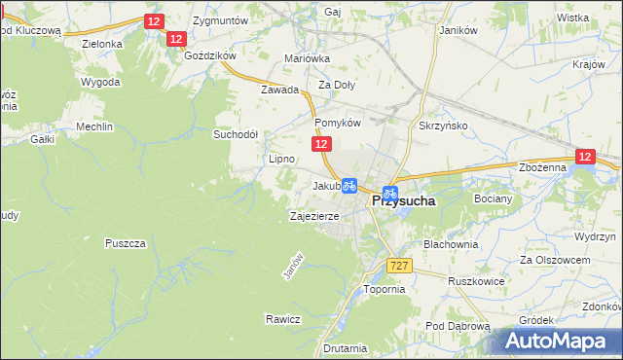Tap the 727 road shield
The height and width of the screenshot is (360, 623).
398,266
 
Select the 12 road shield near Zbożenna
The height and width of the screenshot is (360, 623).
584,156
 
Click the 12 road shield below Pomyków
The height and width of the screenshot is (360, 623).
322,144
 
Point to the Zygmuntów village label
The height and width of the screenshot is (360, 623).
221,19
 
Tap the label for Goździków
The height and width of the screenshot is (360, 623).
209,55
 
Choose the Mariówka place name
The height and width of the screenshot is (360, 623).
307,58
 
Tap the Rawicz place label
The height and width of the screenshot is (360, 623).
282,319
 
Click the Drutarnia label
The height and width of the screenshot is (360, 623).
346,347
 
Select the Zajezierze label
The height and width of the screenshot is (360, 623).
314,216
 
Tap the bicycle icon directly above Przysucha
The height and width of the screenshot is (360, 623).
389,193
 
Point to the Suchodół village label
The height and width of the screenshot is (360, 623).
235,134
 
